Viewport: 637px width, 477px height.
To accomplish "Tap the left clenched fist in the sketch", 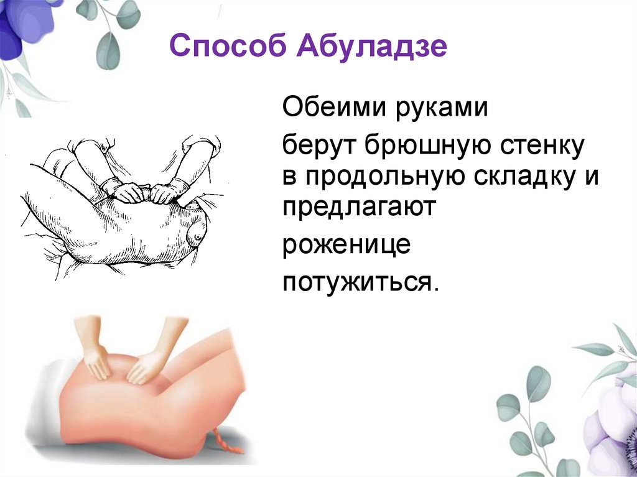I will (x=129, y=191).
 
